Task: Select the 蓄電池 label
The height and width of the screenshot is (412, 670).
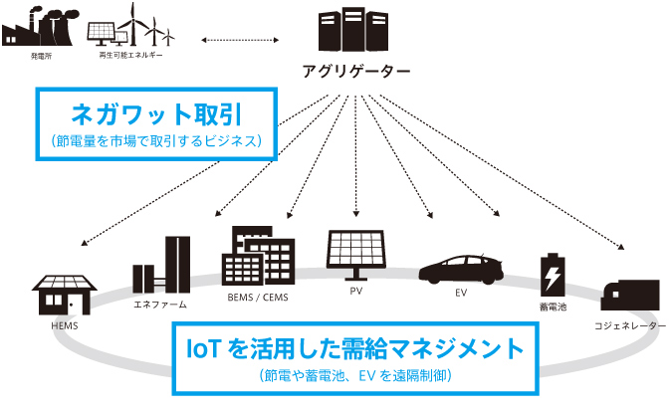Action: [x=553, y=309]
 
